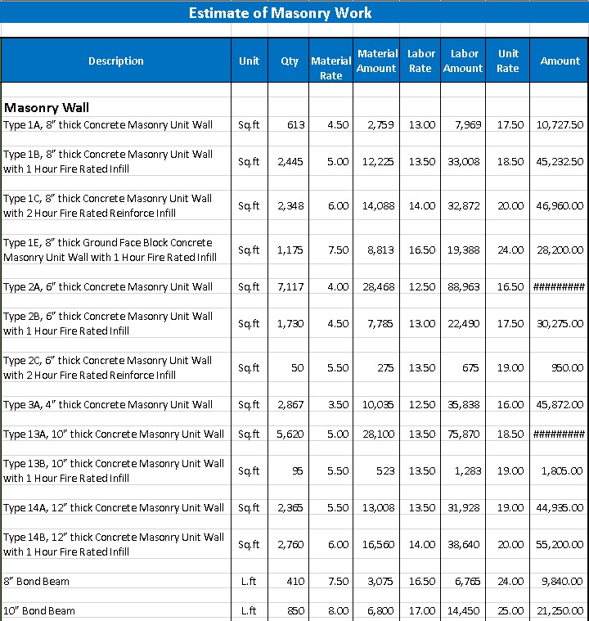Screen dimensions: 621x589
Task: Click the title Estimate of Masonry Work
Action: pyautogui.click(x=280, y=13)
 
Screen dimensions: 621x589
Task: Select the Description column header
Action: pyautogui.click(x=115, y=61)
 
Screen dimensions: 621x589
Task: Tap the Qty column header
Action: pyautogui.click(x=290, y=61)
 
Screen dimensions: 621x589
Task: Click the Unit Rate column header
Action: pyautogui.click(x=507, y=61)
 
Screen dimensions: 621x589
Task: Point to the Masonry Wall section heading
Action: pyautogui.click(x=47, y=107)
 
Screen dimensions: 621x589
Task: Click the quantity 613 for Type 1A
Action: pyautogui.click(x=295, y=124)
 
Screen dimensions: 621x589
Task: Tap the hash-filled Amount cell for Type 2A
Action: pyautogui.click(x=559, y=287)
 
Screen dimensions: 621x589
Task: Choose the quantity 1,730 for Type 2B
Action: pyautogui.click(x=290, y=324)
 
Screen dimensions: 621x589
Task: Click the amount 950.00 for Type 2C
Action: pyautogui.click(x=567, y=368)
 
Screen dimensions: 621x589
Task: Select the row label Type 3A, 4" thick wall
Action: pyautogui.click(x=108, y=405)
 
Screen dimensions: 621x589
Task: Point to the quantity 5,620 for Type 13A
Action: pyautogui.click(x=290, y=434)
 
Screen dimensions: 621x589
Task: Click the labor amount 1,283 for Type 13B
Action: pyautogui.click(x=465, y=471)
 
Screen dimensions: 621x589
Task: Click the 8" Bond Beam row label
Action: pyautogui.click(x=37, y=582)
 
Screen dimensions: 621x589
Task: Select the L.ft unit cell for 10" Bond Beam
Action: pyautogui.click(x=249, y=611)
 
